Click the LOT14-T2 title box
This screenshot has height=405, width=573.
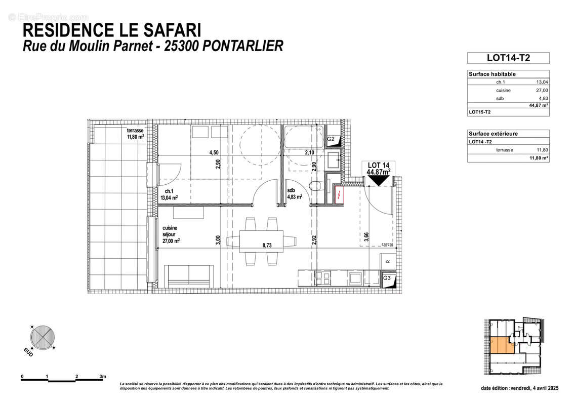pos(508,58)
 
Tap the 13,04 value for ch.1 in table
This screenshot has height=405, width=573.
pos(542,82)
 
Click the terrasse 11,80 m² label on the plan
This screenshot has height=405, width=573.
pos(135,133)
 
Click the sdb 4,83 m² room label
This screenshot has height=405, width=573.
pos(294,193)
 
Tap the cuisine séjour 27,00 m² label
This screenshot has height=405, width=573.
pos(171,235)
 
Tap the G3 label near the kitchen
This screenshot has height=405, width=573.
pos(386,278)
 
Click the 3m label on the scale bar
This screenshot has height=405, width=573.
pos(103,377)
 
